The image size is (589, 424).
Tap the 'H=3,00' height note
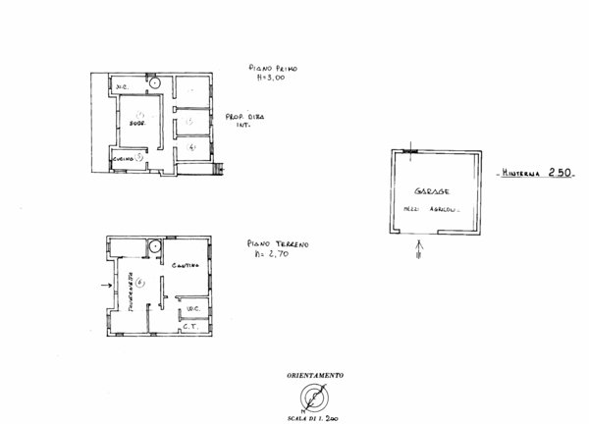click(x=269, y=79)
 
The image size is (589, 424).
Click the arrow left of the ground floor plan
click(x=102, y=286)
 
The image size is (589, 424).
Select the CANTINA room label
click(x=186, y=267)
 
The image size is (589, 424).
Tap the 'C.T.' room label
click(x=193, y=327)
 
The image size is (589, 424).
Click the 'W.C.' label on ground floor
click(x=191, y=309)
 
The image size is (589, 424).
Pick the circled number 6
click(x=141, y=284)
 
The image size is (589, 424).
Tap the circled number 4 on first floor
click(x=192, y=148)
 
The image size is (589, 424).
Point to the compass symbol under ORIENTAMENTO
click(x=313, y=398)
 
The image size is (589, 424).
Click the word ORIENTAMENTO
click(x=314, y=375)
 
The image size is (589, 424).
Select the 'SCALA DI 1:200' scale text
click(x=314, y=417)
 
